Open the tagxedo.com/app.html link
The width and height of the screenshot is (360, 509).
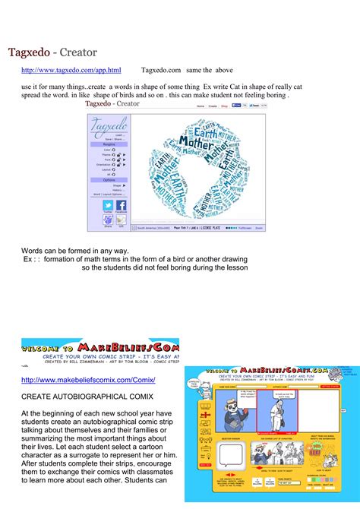coord(71,70)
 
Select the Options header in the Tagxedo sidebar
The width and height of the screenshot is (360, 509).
coord(109,179)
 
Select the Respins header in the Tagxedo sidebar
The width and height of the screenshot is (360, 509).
coord(109,144)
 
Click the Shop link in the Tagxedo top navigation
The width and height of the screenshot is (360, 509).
coord(224,106)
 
